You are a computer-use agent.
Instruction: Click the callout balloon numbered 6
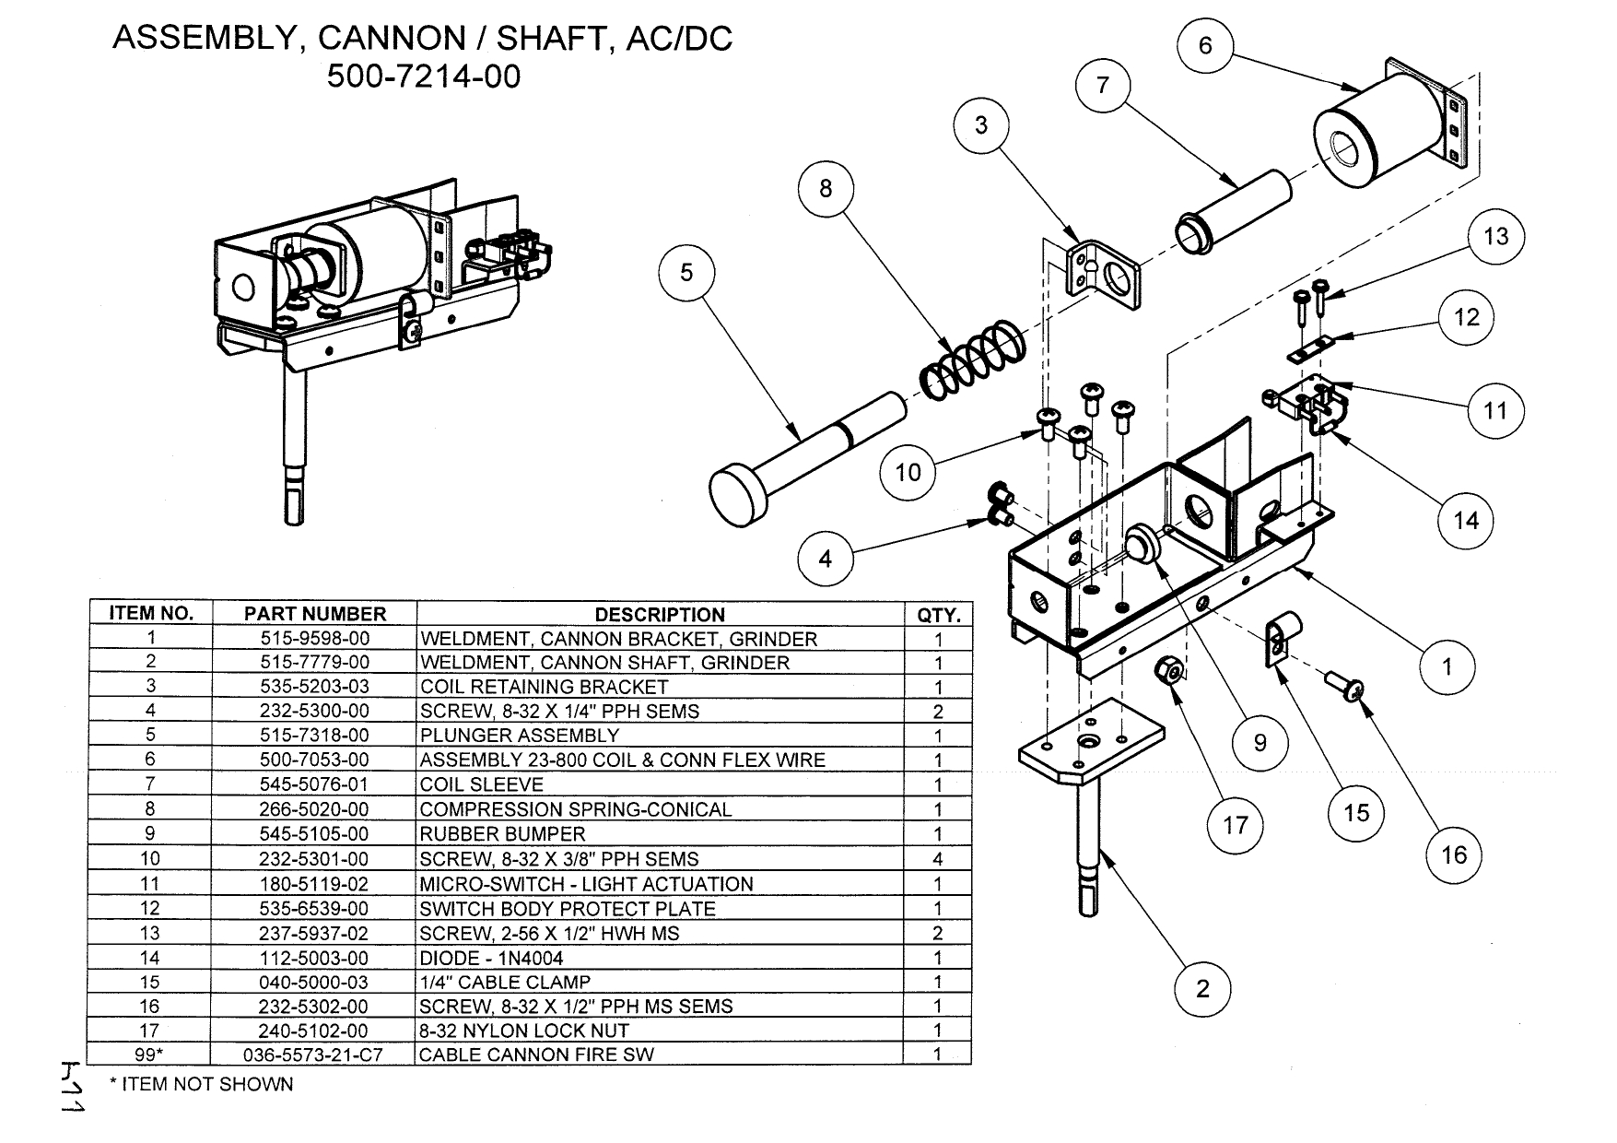tap(1205, 45)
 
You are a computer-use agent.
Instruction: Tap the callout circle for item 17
tap(1235, 824)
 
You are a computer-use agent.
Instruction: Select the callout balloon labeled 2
tap(1202, 989)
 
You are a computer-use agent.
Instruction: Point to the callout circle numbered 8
tap(826, 189)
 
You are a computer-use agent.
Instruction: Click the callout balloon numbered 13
tap(1496, 237)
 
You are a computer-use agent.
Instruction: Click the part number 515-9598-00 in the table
tap(314, 639)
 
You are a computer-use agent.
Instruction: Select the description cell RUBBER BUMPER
tap(502, 834)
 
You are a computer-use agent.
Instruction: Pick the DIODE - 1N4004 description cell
tap(491, 958)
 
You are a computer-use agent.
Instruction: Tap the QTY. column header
tap(938, 615)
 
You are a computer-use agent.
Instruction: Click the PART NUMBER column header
tap(314, 614)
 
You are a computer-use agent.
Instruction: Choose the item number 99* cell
tap(150, 1055)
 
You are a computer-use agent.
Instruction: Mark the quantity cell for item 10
tap(938, 859)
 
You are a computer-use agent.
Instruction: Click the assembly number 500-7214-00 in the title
tap(424, 76)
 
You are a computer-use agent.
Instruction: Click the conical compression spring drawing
tap(973, 360)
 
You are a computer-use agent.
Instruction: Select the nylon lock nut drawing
tap(1169, 670)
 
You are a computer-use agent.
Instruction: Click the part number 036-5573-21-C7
tap(314, 1055)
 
